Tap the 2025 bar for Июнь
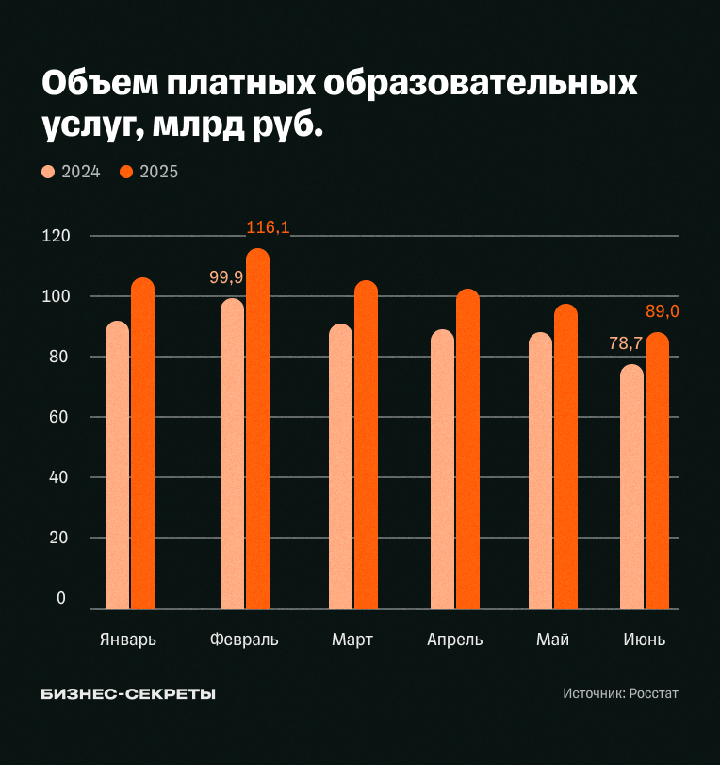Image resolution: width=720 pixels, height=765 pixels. [x=657, y=471]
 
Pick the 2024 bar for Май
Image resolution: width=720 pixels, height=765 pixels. [x=540, y=471]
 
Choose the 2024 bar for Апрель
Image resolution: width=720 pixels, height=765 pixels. [x=442, y=469]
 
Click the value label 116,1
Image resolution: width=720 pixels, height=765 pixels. [x=268, y=227]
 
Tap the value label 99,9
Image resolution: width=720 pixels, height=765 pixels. [x=226, y=276]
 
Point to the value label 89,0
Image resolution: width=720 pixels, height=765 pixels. [x=662, y=311]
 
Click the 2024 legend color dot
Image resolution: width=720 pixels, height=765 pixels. [x=49, y=172]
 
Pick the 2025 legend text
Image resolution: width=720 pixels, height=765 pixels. [x=158, y=172]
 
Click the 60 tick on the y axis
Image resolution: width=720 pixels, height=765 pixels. [x=58, y=417]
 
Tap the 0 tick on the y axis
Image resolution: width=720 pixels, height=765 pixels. [x=61, y=598]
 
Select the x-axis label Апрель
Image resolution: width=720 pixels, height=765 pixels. [x=454, y=640]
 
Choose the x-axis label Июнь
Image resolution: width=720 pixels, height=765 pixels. [x=645, y=640]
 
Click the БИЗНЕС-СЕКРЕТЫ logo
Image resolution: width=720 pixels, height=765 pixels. [x=128, y=693]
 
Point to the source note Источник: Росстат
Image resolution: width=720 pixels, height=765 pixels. [x=620, y=693]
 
